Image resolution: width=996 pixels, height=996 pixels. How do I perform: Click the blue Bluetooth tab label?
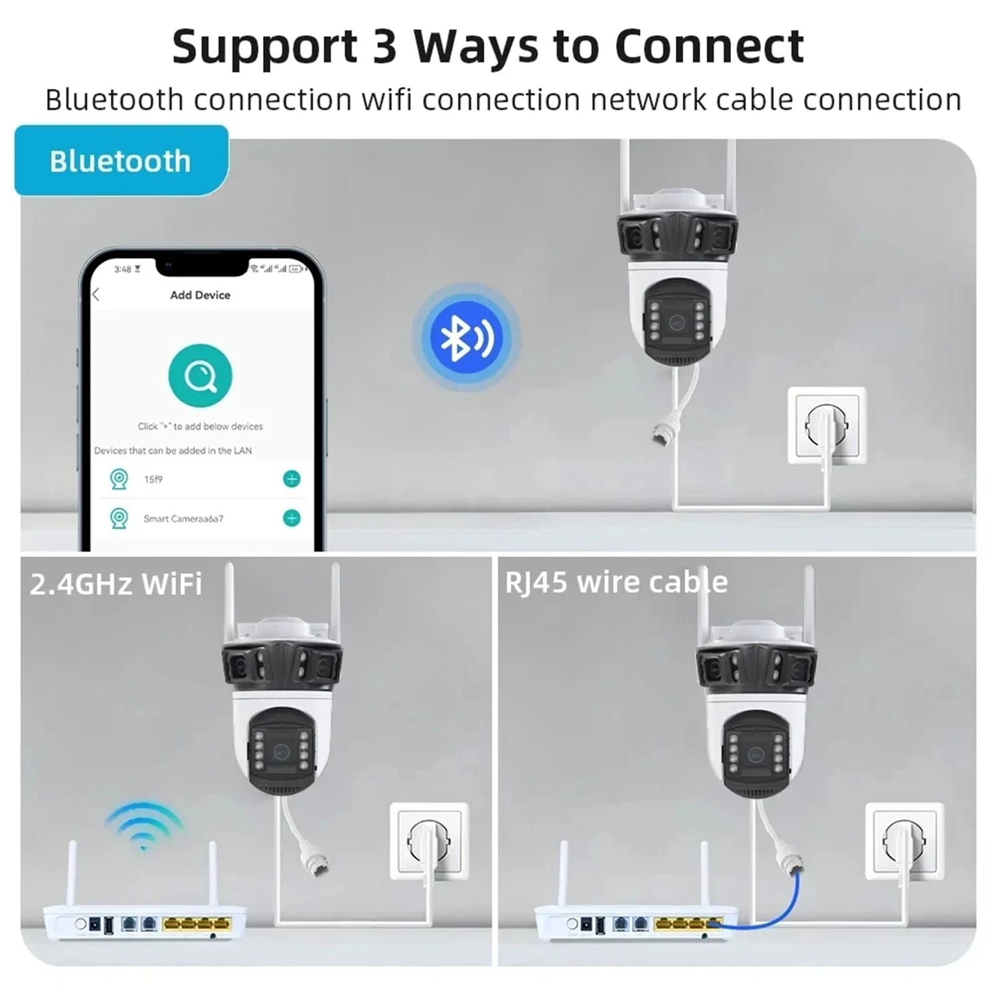tap(121, 160)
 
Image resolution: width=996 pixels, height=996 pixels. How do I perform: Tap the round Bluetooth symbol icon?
tap(466, 337)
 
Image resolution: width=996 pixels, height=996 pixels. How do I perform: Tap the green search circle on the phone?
tap(200, 376)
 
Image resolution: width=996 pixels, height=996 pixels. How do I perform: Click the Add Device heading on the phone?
tap(200, 295)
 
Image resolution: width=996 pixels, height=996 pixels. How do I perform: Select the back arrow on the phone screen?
tap(96, 295)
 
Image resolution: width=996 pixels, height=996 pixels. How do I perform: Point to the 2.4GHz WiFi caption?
tap(116, 584)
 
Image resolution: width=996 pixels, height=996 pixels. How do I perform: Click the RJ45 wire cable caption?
tap(616, 582)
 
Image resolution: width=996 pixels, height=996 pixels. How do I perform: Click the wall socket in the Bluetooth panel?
tap(827, 426)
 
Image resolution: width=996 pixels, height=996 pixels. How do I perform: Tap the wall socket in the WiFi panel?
tap(429, 842)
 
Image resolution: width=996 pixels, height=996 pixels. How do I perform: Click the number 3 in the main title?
tap(384, 46)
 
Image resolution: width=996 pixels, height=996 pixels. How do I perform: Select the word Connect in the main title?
tap(709, 46)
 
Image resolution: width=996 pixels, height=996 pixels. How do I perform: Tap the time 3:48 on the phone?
tap(123, 269)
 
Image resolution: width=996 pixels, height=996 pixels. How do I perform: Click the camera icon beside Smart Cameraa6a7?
tap(119, 518)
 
